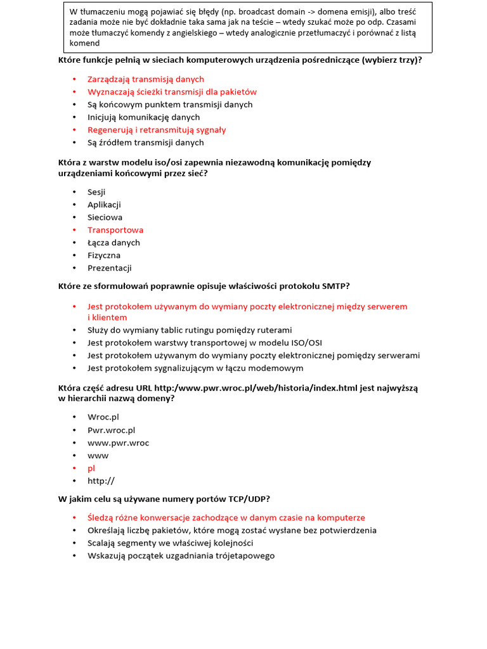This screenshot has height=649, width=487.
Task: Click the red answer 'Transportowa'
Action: click(115, 230)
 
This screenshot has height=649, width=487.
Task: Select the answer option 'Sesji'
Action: click(96, 192)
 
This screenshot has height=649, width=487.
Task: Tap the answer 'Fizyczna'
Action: click(104, 255)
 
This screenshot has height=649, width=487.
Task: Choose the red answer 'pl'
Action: click(91, 468)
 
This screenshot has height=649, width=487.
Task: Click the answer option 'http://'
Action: click(101, 481)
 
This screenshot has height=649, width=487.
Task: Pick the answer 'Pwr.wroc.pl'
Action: click(111, 430)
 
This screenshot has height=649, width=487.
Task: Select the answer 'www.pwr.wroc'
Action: click(118, 443)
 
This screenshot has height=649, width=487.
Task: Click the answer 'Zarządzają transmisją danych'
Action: click(146, 79)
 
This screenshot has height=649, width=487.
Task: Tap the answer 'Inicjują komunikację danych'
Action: click(143, 117)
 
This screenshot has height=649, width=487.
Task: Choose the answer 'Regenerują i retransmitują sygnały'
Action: click(157, 130)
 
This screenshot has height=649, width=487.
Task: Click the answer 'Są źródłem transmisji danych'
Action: click(146, 143)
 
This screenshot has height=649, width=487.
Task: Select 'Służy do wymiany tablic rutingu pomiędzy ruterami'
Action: click(190, 330)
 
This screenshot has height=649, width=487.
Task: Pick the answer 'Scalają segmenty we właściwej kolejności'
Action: click(170, 543)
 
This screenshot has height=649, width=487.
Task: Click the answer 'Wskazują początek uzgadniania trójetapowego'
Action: click(181, 556)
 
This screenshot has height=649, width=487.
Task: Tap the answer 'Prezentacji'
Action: click(109, 268)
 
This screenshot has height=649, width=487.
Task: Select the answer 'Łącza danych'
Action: click(114, 243)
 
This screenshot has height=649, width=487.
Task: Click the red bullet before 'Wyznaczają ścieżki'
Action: click(74, 92)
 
